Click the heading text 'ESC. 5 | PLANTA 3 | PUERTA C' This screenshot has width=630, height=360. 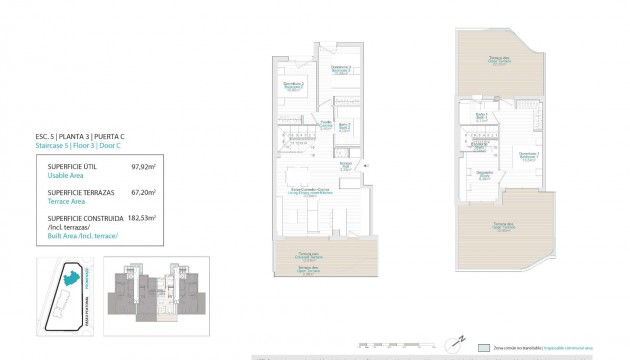[80, 136]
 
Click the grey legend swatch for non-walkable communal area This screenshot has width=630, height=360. [485, 349]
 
